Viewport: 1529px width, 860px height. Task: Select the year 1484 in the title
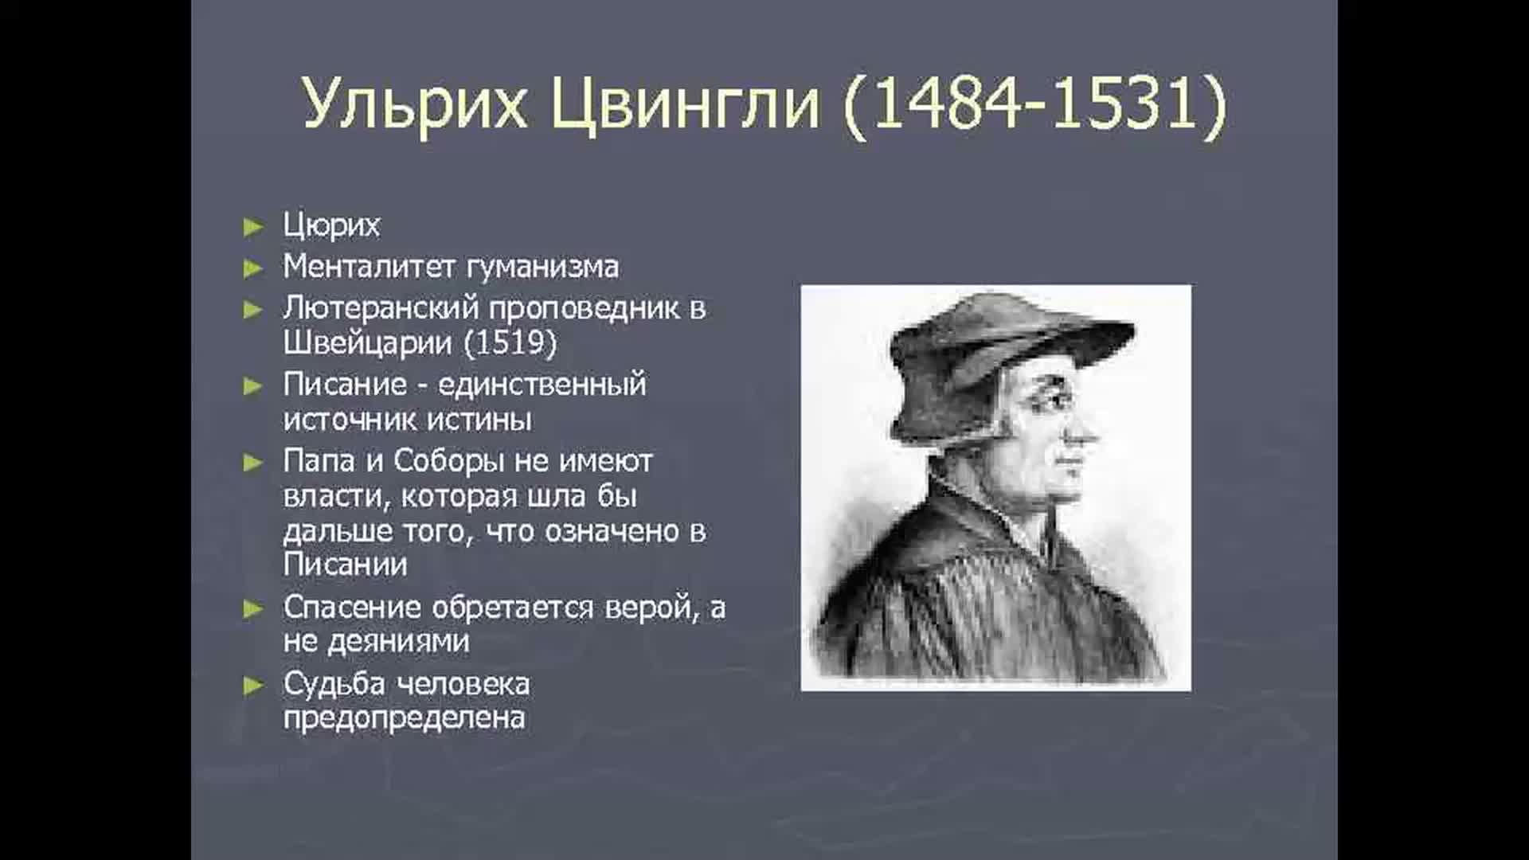[x=948, y=104]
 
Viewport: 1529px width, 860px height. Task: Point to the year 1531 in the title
[x=1122, y=104]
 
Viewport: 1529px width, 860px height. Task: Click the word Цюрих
[x=331, y=226]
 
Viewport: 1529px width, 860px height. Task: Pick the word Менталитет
[x=370, y=266]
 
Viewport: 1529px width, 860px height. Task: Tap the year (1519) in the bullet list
[x=510, y=343]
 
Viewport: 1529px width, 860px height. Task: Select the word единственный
[x=542, y=385]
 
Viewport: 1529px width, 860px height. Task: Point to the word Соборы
[x=448, y=461]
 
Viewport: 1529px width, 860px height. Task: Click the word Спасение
[x=352, y=608]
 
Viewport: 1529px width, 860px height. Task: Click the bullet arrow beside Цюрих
[x=253, y=228]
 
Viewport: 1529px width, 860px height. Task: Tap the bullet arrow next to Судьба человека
[x=253, y=686]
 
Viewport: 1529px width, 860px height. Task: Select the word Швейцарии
[x=367, y=343]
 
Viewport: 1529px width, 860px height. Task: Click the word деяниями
[x=376, y=642]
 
